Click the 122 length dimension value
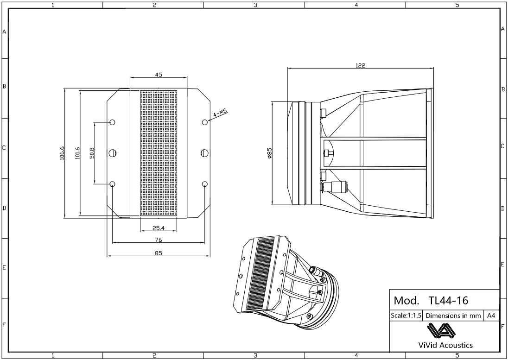(x=360, y=65)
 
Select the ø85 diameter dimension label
(x=269, y=153)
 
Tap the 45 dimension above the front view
(x=159, y=75)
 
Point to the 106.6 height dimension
(x=62, y=152)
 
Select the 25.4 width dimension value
(x=159, y=228)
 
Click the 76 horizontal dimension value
(x=159, y=240)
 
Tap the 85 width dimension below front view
(x=159, y=253)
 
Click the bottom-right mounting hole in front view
(x=205, y=184)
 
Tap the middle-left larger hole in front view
(x=113, y=153)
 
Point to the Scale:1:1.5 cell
(x=406, y=316)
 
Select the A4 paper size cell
(x=491, y=316)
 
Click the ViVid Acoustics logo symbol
(x=444, y=331)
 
